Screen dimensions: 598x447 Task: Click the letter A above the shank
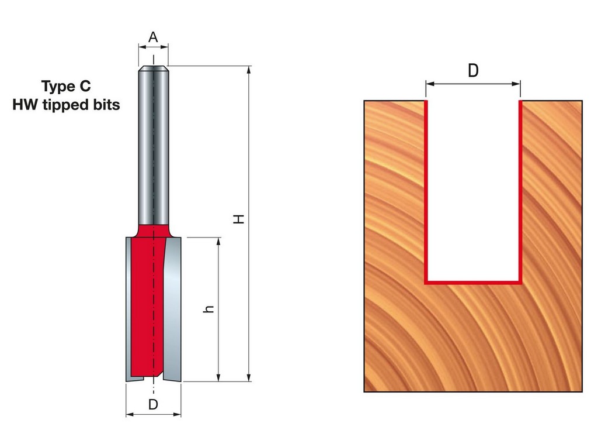point(153,37)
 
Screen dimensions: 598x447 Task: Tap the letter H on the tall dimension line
point(239,219)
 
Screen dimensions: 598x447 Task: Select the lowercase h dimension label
point(208,309)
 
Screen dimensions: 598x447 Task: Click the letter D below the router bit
point(153,404)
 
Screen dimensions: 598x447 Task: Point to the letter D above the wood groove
point(473,71)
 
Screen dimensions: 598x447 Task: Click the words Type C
point(66,86)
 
